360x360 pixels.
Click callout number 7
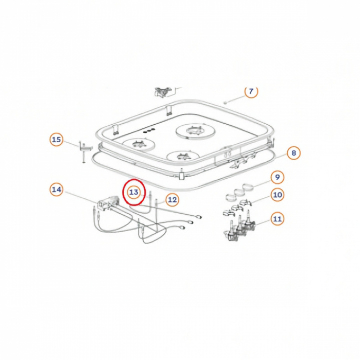[x=251, y=92]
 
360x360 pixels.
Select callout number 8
[x=294, y=153]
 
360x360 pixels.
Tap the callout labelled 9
[x=277, y=177]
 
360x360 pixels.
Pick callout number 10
[x=277, y=195]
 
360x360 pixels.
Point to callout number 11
[x=277, y=219]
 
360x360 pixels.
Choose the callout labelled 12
[x=172, y=200]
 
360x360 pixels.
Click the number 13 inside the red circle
[x=134, y=192]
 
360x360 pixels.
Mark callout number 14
[x=56, y=190]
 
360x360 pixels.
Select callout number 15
[x=56, y=140]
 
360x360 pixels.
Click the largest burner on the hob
[x=195, y=131]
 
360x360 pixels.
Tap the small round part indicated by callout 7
[x=225, y=103]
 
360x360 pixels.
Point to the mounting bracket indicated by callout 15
[x=85, y=151]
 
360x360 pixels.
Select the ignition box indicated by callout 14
[x=108, y=203]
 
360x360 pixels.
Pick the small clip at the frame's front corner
[x=182, y=175]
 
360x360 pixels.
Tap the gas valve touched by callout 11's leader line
[x=249, y=223]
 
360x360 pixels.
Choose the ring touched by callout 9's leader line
[x=248, y=187]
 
